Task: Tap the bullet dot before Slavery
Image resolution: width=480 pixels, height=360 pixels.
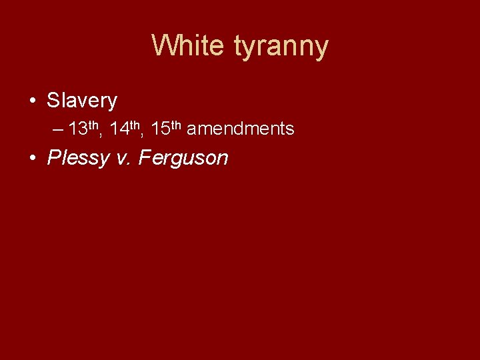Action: [x=32, y=101]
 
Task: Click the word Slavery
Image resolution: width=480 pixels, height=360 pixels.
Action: [x=81, y=101]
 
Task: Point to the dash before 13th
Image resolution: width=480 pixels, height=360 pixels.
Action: [x=58, y=129]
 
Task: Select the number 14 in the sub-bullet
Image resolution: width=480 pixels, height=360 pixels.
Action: [x=120, y=129]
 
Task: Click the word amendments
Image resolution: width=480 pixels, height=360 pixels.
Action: [x=240, y=129]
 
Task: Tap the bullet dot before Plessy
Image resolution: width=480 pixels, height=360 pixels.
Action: [x=32, y=159]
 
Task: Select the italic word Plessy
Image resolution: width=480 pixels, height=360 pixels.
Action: [x=78, y=159]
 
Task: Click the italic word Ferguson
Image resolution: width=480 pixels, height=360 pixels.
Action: [x=183, y=159]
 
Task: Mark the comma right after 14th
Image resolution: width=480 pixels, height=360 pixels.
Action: [x=145, y=134]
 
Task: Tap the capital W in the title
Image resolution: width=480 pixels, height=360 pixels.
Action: [x=163, y=46]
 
